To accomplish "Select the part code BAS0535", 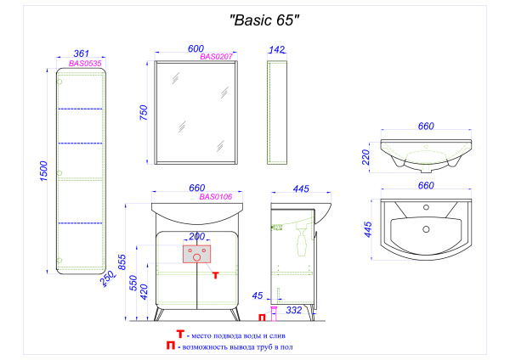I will click(x=85, y=63).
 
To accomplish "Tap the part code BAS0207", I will click(x=218, y=57).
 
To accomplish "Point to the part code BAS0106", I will click(x=218, y=197).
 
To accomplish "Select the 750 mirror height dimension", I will click(x=144, y=112).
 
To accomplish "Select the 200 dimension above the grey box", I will click(x=197, y=236).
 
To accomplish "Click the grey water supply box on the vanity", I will click(x=197, y=255).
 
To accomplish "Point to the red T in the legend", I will click(x=179, y=334).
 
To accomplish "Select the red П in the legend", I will click(x=173, y=346).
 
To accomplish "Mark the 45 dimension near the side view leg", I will click(x=258, y=296).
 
